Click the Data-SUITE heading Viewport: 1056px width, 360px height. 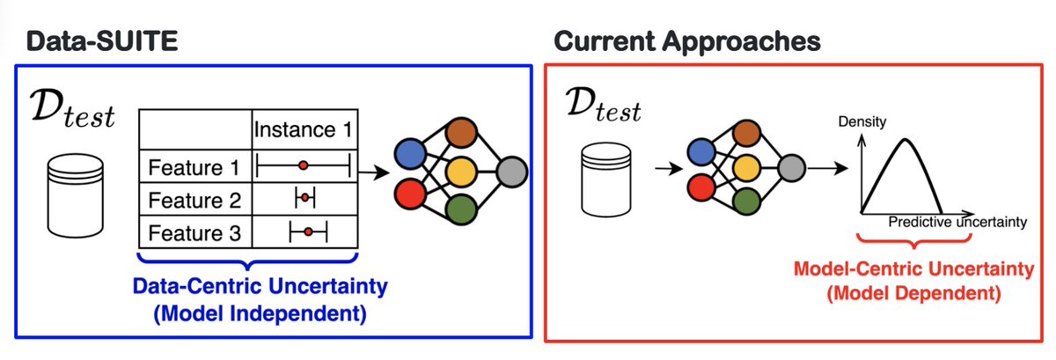coord(102,41)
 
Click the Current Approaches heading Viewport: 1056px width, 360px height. coord(687,41)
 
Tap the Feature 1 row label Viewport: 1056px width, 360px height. coord(194,167)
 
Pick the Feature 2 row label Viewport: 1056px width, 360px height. coord(194,200)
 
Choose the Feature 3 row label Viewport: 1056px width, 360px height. coord(194,233)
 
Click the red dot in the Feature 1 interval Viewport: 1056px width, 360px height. coord(303,165)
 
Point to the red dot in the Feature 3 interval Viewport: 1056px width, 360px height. coord(308,232)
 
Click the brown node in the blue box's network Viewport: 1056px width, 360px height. coord(462,133)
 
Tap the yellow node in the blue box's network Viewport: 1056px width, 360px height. coord(461,172)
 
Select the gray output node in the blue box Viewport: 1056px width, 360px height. coord(512,172)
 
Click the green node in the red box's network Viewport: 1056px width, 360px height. coord(747,201)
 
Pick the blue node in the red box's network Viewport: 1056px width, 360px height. coord(702,152)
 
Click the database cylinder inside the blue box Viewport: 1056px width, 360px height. coord(76,195)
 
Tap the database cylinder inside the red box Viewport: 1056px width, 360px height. coord(605,180)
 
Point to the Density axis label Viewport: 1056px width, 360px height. coord(862,121)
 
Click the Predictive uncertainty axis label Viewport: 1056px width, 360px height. coord(957,222)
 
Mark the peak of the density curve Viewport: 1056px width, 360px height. coord(906,139)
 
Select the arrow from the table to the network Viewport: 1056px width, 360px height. coord(374,173)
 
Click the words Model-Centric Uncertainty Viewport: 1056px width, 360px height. coord(913,268)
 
